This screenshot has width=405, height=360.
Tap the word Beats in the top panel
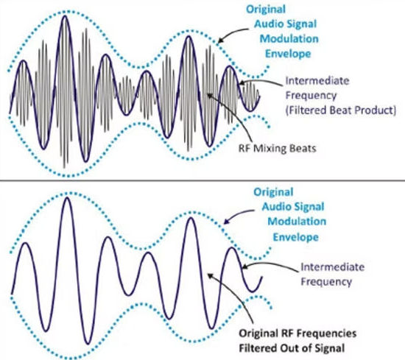click(305, 149)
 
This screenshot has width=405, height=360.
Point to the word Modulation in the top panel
click(289, 39)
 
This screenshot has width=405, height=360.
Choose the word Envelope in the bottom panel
click(296, 237)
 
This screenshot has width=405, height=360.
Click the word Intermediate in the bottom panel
click(332, 267)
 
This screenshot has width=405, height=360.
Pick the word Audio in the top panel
click(267, 24)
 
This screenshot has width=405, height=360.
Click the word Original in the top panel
click(266, 10)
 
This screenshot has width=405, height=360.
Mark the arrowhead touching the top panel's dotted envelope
click(220, 40)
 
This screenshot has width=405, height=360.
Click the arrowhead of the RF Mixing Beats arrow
click(209, 95)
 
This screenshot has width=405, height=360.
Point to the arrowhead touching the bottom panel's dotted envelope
click(226, 222)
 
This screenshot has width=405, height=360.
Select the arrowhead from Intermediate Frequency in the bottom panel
click(244, 267)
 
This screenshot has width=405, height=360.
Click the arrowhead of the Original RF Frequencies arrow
click(211, 275)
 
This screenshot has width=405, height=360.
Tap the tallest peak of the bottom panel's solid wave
click(68, 197)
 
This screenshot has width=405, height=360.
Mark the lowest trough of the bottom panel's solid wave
click(88, 344)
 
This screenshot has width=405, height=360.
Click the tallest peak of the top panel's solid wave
click(65, 16)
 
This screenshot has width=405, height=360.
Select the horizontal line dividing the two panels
click(202, 180)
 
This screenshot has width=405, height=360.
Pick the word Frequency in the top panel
click(311, 96)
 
